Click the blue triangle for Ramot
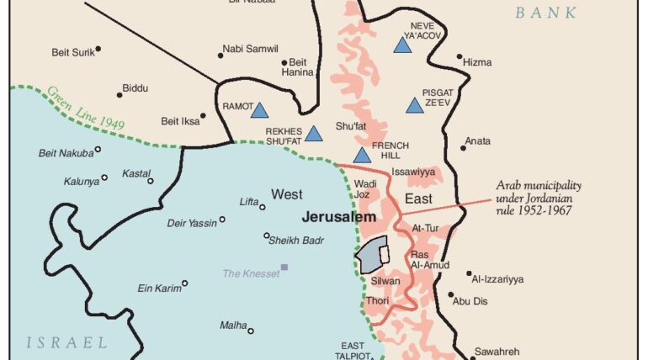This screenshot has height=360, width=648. click(x=259, y=110)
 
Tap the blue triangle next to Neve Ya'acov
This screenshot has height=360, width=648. click(x=402, y=45)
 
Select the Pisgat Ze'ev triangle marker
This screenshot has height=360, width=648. click(x=414, y=106)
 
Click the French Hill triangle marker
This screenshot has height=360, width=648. click(x=362, y=156)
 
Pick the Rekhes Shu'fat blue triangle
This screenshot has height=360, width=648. click(x=313, y=134)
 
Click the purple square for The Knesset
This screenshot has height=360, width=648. click(x=284, y=267)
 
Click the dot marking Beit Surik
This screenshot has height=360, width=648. click(x=98, y=50)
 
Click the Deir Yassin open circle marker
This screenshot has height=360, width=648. click(x=222, y=220)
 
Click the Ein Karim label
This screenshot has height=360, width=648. click(x=159, y=289)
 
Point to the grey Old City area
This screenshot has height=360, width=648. click(x=372, y=253)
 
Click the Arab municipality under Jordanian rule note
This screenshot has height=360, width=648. click(x=538, y=198)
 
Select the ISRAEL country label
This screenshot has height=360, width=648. click(x=67, y=342)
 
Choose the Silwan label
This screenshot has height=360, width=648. click(x=385, y=281)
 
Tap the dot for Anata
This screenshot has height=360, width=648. click(x=463, y=148)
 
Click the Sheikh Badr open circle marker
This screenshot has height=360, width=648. click(x=267, y=236)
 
